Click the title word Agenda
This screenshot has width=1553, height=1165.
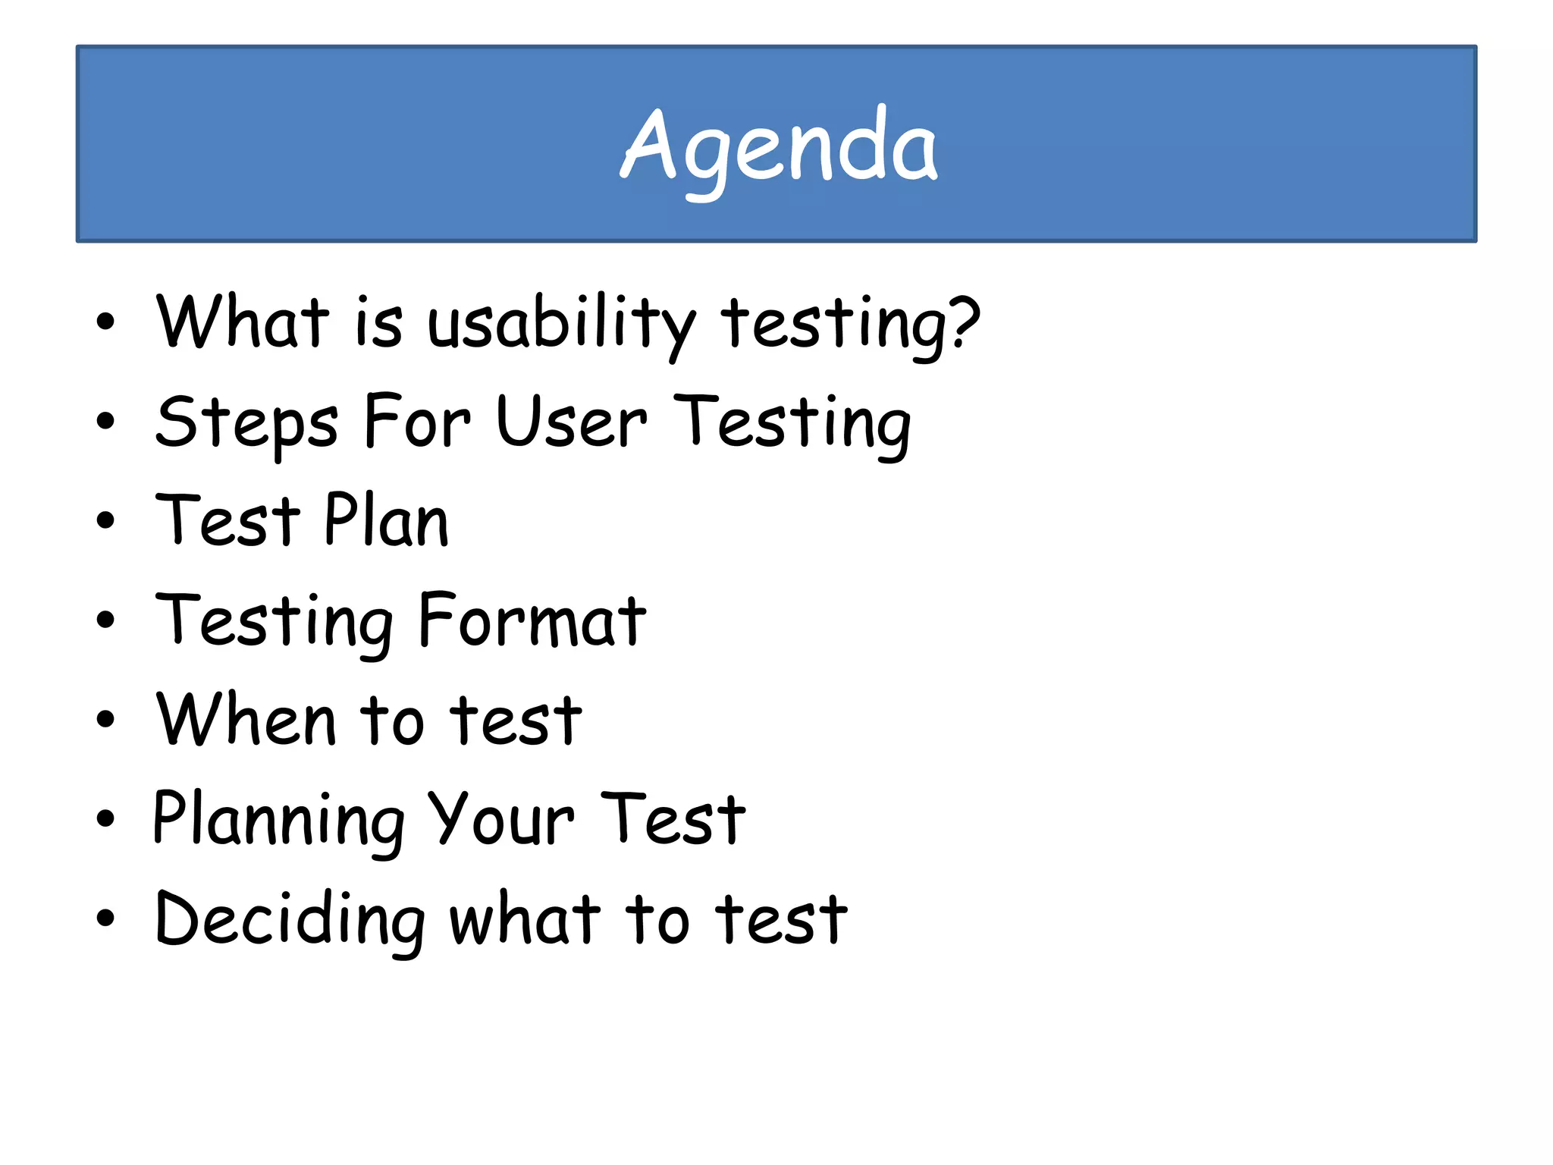[x=780, y=148]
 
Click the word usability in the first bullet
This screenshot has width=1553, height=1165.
[x=561, y=325]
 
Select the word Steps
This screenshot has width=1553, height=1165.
[x=246, y=423]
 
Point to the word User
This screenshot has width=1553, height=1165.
[x=572, y=422]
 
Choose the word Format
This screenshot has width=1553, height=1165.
[x=532, y=620]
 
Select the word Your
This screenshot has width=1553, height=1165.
[x=500, y=819]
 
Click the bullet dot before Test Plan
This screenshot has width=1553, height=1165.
[x=105, y=521]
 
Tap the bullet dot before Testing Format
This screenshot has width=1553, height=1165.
[x=105, y=620]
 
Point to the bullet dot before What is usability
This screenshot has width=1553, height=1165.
[x=105, y=322]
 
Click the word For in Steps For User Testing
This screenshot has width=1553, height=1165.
[x=417, y=422]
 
